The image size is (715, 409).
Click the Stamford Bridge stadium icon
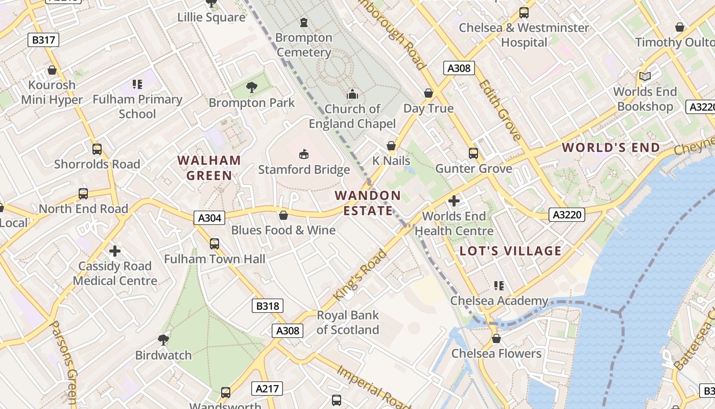click(x=304, y=153)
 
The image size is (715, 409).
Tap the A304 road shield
click(x=209, y=218)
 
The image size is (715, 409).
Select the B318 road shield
click(x=268, y=306)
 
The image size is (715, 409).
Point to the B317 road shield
click(x=43, y=40)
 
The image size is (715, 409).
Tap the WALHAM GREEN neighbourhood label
click(x=209, y=168)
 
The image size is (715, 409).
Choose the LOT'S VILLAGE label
click(x=510, y=251)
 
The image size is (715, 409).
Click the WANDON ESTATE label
click(x=368, y=203)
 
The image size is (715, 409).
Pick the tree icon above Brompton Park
click(x=251, y=87)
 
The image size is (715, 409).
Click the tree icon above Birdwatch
click(x=163, y=339)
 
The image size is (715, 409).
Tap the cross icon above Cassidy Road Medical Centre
click(x=115, y=251)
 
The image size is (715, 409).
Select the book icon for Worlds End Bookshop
click(x=645, y=77)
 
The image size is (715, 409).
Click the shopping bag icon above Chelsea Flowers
click(x=496, y=338)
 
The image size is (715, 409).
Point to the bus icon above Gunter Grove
click(x=473, y=153)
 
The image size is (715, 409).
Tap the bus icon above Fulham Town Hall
click(x=214, y=244)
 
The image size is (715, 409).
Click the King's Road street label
click(x=360, y=275)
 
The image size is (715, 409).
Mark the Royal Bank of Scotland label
click(x=348, y=323)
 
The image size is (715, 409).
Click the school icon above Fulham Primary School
click(x=137, y=84)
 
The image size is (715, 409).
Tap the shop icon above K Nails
click(x=391, y=146)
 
